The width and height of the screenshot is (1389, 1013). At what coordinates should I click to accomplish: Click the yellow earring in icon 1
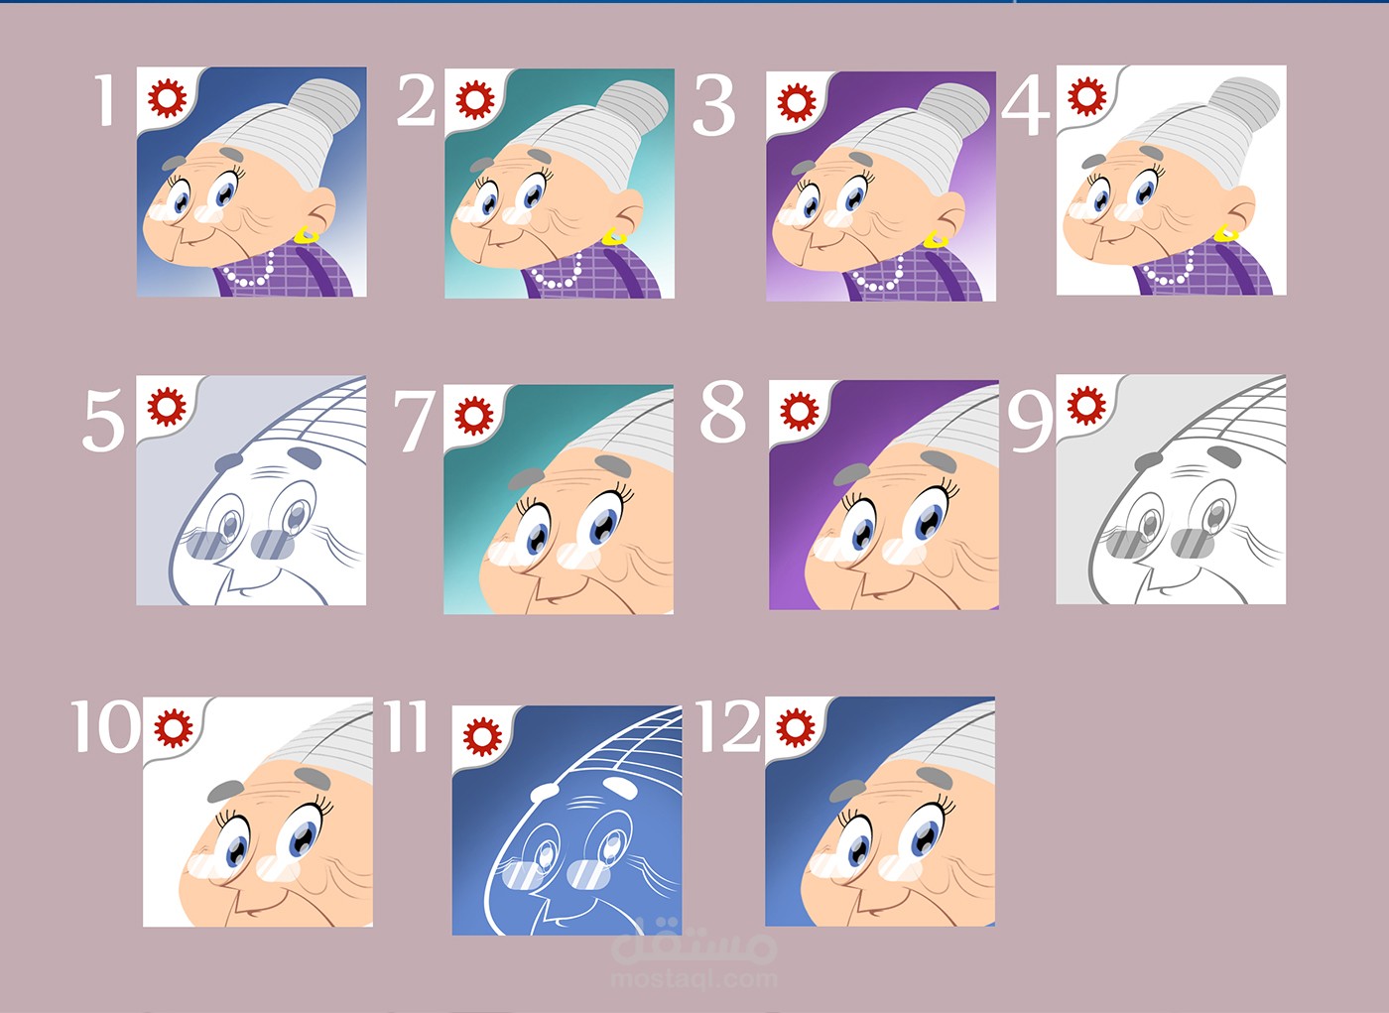[307, 235]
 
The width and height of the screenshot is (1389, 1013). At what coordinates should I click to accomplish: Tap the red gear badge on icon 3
[797, 103]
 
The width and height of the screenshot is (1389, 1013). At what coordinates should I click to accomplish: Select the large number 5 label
[103, 419]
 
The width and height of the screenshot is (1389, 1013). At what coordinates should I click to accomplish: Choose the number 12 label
[729, 726]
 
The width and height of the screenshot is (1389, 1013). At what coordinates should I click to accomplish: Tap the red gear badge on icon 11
[482, 736]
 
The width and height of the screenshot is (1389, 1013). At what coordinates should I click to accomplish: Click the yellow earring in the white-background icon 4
[1226, 232]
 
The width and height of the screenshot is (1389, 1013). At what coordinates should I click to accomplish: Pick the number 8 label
[723, 411]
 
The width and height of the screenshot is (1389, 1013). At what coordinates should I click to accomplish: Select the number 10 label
[105, 726]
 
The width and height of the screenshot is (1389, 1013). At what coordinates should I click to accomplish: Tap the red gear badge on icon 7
[474, 416]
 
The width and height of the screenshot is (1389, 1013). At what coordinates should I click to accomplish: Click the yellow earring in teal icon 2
[614, 237]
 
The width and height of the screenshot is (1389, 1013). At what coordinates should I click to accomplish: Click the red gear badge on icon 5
[167, 407]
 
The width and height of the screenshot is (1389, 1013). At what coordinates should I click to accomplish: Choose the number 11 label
[406, 726]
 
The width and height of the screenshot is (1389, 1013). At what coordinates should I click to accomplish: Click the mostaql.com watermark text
[694, 980]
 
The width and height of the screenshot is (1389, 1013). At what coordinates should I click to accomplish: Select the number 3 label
[713, 105]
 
